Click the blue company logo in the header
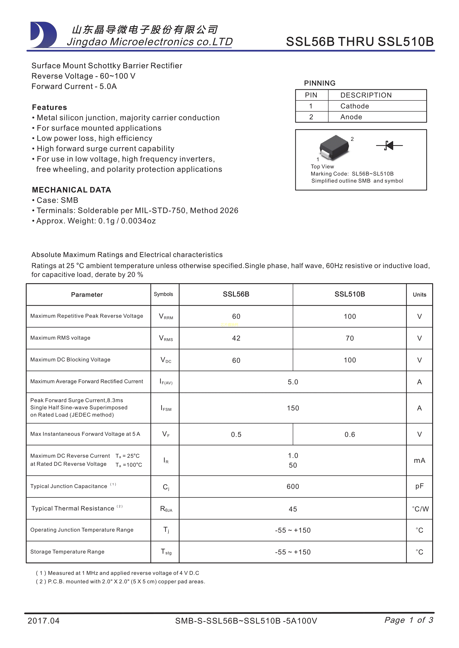click(43, 35)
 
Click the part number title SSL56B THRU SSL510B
click(359, 42)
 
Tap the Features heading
click(49, 107)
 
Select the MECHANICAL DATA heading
click(72, 190)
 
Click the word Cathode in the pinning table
click(355, 106)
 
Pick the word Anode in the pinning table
click(351, 117)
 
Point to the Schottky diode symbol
click(389, 146)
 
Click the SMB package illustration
click(334, 147)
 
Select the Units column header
click(419, 295)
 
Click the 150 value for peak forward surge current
click(293, 408)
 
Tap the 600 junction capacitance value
click(293, 486)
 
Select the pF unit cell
click(419, 486)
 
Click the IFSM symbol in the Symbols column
click(166, 408)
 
